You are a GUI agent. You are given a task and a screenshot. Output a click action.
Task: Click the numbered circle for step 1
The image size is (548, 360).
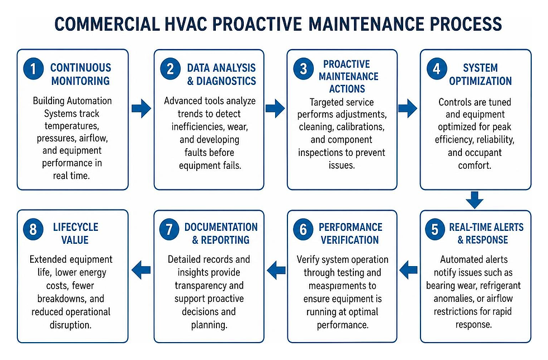[x=33, y=69]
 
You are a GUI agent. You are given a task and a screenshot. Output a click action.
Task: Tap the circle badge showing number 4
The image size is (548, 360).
[x=437, y=69]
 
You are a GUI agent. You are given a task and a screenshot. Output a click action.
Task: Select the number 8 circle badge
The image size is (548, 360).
[x=33, y=230]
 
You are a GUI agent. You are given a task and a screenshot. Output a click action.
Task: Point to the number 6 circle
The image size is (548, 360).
[x=303, y=230]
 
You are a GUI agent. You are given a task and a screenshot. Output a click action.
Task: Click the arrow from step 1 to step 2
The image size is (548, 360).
[x=141, y=108]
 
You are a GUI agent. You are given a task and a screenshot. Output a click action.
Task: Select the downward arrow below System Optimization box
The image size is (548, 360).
[x=475, y=200]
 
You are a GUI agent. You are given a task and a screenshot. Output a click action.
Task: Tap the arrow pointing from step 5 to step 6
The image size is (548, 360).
[x=408, y=269]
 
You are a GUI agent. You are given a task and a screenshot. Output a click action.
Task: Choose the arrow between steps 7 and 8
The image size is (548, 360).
[x=141, y=269]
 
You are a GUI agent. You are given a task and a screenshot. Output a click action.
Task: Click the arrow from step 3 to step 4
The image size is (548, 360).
[x=408, y=108]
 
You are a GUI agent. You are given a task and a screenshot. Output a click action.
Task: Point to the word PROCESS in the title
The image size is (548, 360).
[x=466, y=24]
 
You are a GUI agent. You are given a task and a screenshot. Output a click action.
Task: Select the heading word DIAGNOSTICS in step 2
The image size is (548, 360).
[x=226, y=81]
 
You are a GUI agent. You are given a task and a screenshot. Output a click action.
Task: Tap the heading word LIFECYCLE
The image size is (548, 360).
[x=75, y=227]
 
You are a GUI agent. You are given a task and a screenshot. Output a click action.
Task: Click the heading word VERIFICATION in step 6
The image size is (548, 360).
[x=350, y=240]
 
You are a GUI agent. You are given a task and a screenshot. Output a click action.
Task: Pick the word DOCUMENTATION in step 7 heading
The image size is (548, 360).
[x=221, y=227]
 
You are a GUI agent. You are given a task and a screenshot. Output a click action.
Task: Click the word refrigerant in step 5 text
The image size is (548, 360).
[x=500, y=286]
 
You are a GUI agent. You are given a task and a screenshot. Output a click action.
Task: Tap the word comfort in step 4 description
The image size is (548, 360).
[x=475, y=165]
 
